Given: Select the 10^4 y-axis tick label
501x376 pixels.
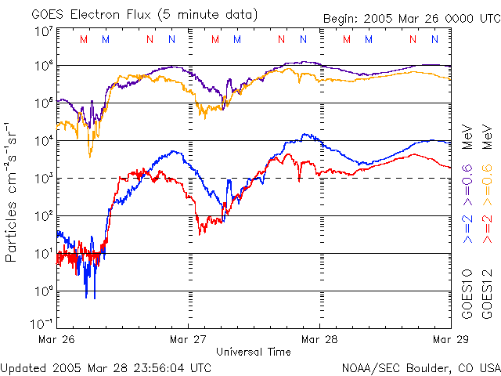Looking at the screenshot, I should click(x=44, y=141).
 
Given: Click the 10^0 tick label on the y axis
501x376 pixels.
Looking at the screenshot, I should click(x=44, y=291).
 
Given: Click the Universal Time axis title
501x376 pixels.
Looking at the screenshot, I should click(x=253, y=352).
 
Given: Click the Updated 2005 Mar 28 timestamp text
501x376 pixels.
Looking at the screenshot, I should click(x=105, y=367).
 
